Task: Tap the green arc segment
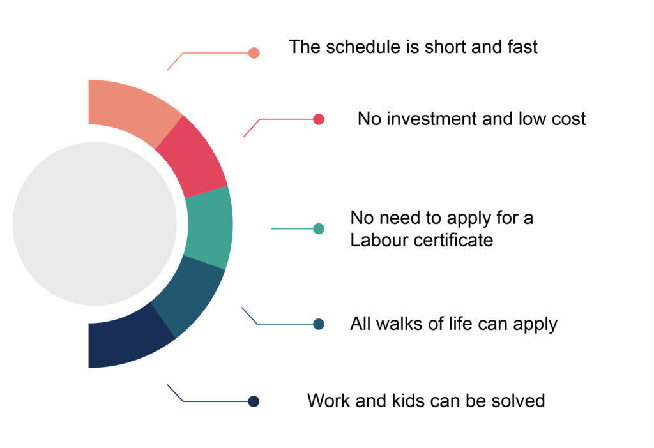point(209,227)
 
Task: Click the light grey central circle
point(95,224)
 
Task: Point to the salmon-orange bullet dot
point(254,53)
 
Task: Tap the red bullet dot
point(319,119)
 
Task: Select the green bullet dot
point(319,229)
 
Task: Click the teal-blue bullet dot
point(319,324)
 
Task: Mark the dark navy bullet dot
point(254,401)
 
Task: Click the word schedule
point(363,47)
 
